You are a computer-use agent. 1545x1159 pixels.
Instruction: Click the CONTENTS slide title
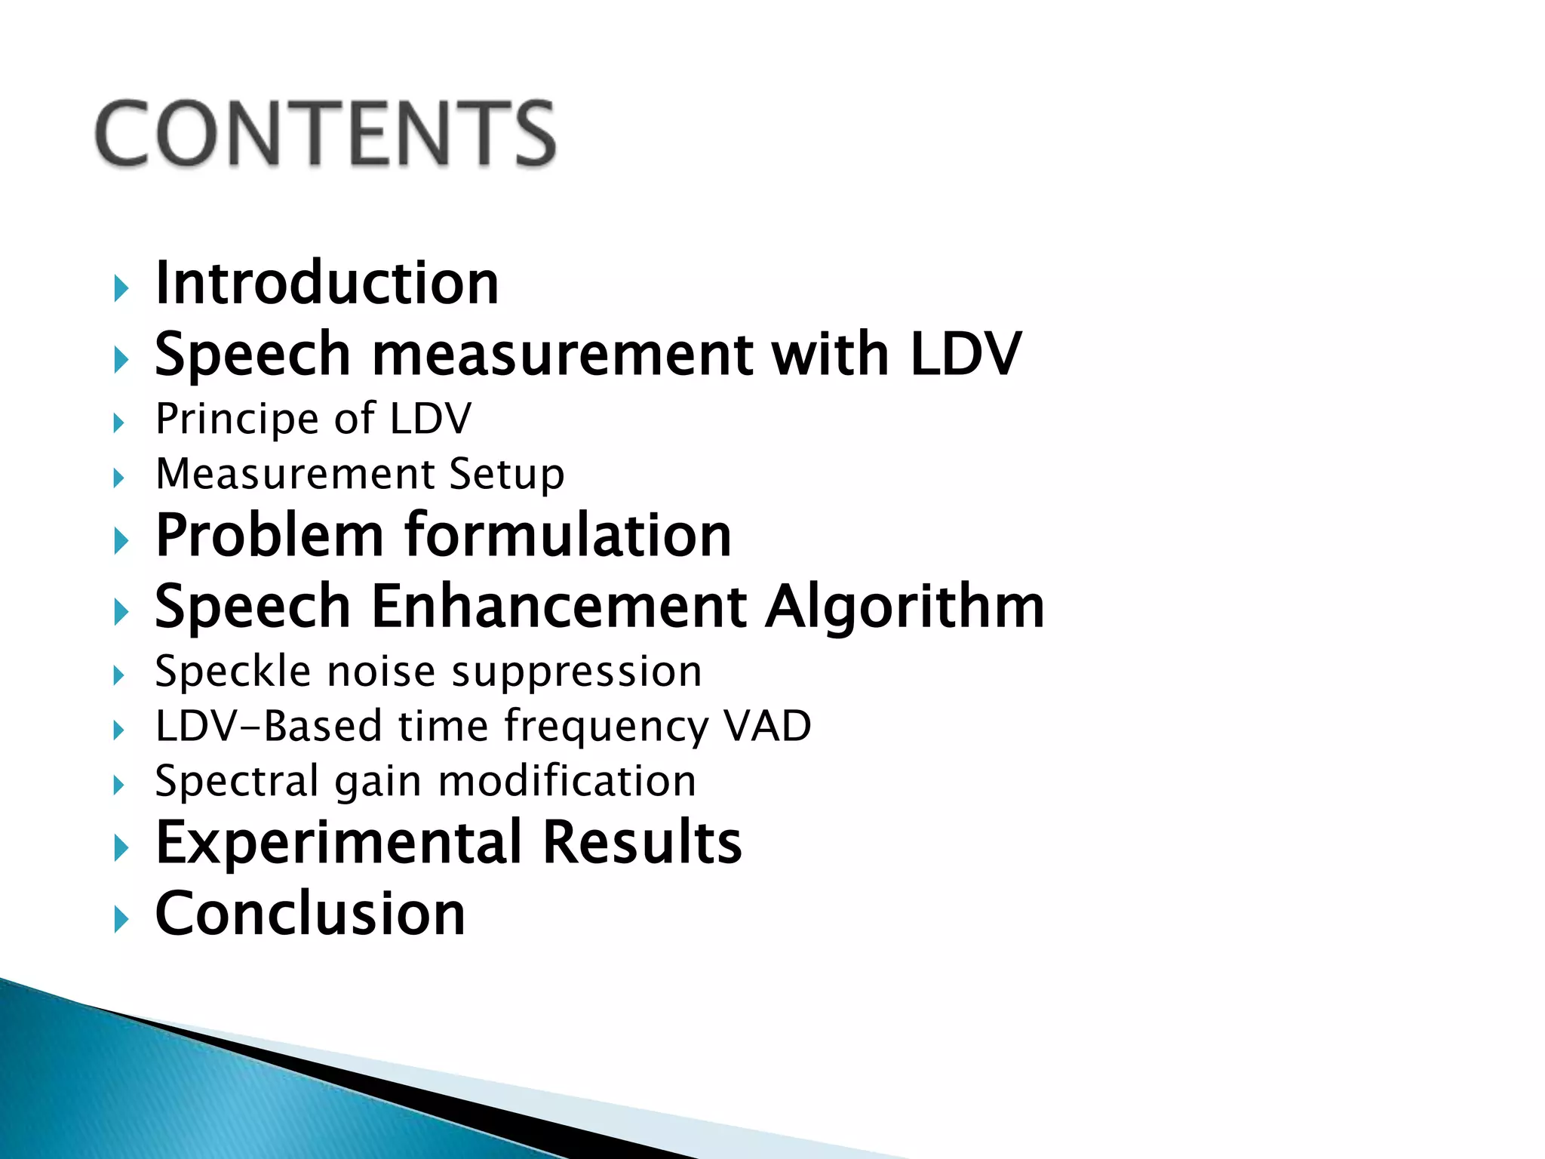[326, 134]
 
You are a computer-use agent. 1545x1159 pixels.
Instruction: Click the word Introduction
[327, 283]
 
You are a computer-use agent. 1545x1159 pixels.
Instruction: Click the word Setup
[506, 475]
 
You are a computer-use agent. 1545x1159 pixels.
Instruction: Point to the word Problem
[269, 536]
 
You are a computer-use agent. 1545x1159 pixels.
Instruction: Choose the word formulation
[568, 536]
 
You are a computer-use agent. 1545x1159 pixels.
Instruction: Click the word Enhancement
[559, 607]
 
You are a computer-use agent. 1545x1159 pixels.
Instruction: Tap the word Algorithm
[905, 607]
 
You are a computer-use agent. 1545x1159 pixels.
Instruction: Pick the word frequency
[606, 727]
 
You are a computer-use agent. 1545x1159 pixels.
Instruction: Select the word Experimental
[338, 843]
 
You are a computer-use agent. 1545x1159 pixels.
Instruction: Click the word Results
[642, 843]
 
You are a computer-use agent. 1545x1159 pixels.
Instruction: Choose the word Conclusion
[310, 914]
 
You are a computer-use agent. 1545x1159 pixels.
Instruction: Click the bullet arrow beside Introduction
[120, 288]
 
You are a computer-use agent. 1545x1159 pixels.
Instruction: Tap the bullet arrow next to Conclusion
[120, 919]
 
